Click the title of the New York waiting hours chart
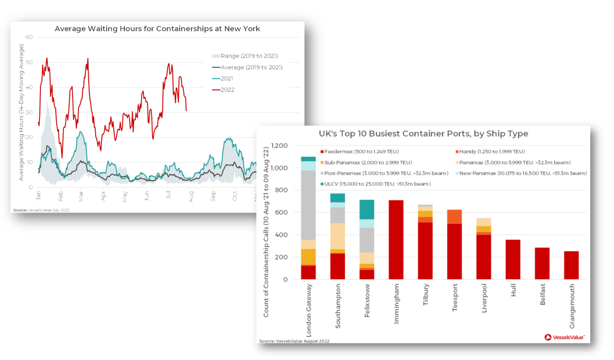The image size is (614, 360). [x=157, y=29]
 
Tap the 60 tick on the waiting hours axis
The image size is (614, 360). [x=29, y=37]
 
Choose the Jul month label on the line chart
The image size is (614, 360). [x=169, y=196]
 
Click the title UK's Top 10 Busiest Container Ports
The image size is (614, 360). [x=423, y=134]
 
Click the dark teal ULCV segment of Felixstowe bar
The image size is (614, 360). [x=366, y=210]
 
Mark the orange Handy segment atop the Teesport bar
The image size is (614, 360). [x=454, y=216]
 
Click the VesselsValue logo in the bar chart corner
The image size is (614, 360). [x=565, y=337]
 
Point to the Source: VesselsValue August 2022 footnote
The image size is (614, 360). [x=294, y=341]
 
